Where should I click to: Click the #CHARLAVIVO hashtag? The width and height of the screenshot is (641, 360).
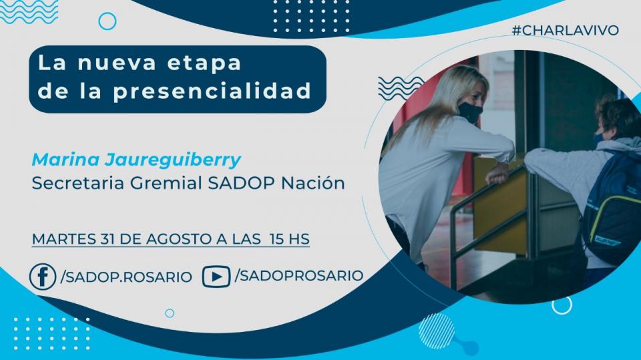[x=566, y=30]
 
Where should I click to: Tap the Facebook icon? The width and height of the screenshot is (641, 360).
[x=43, y=277]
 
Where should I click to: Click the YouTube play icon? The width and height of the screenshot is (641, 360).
[x=216, y=277]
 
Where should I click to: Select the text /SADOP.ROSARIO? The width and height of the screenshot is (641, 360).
[x=126, y=277]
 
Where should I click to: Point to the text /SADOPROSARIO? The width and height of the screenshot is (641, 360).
[x=299, y=275]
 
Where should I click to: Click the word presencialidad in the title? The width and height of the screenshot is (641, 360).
[x=212, y=92]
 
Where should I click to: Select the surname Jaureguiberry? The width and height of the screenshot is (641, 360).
[x=172, y=160]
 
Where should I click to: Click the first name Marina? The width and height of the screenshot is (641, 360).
[x=66, y=160]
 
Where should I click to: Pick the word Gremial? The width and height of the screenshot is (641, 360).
[x=167, y=183]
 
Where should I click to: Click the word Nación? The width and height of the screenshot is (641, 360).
[x=313, y=183]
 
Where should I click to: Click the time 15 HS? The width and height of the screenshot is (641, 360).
[x=289, y=239]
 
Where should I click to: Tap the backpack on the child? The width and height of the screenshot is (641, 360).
[x=612, y=209]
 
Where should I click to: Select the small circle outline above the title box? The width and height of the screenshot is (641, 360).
[x=108, y=21]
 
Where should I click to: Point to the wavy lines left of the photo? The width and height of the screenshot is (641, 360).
[x=401, y=88]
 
